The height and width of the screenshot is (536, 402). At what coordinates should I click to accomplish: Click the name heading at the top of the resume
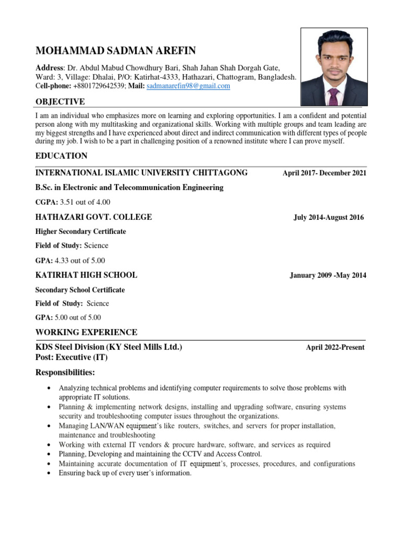pos(115,51)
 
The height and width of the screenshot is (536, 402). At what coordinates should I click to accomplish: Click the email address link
pos(188,86)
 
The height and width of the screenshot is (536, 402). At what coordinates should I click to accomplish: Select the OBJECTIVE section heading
pos(60,101)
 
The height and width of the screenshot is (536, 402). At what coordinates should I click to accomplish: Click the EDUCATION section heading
pos(61,156)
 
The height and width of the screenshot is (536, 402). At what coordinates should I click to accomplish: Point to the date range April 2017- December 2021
pos(324,173)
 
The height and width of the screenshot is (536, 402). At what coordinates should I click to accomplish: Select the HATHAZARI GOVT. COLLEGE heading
pos(93,217)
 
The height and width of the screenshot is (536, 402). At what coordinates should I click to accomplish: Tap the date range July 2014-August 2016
pos(328,218)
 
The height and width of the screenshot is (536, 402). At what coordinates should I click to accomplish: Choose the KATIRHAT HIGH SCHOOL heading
pos(86,275)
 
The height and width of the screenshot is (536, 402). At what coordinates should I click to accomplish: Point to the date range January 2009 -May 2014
pos(328,276)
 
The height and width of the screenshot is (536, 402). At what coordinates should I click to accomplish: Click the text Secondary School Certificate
pos(80,289)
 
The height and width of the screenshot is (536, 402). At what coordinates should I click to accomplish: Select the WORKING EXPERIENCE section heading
pos(86,332)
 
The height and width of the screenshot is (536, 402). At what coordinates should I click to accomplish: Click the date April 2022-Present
pos(335,348)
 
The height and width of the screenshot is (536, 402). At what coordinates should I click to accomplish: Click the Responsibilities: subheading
pos(65,372)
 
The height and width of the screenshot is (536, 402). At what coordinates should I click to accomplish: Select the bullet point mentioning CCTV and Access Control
pos(160,454)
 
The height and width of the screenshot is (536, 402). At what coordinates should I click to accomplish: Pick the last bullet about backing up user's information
pos(125,473)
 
